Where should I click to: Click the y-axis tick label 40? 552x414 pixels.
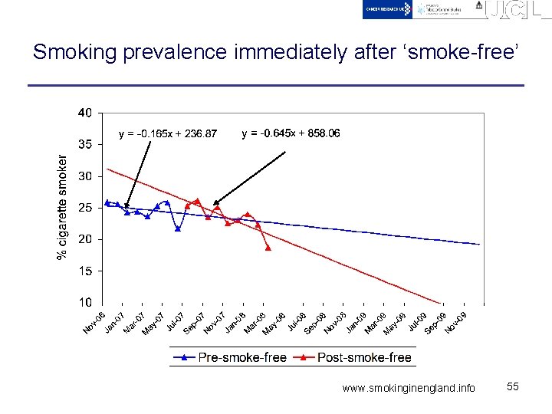pos(85,113)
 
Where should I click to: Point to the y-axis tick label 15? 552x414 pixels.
pos(85,271)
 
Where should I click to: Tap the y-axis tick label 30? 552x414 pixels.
pos(85,176)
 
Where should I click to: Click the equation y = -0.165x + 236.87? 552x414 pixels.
pos(168,134)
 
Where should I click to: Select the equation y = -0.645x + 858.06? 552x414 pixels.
pos(291,133)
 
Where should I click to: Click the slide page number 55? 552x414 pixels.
pos(513,387)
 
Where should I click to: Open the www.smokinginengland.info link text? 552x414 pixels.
pos(409,388)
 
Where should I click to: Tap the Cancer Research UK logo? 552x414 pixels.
pos(388,9)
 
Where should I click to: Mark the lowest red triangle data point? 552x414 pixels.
pos(268,248)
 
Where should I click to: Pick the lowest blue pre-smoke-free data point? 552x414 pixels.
pos(178,228)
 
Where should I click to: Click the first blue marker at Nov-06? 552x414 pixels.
pos(107,202)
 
